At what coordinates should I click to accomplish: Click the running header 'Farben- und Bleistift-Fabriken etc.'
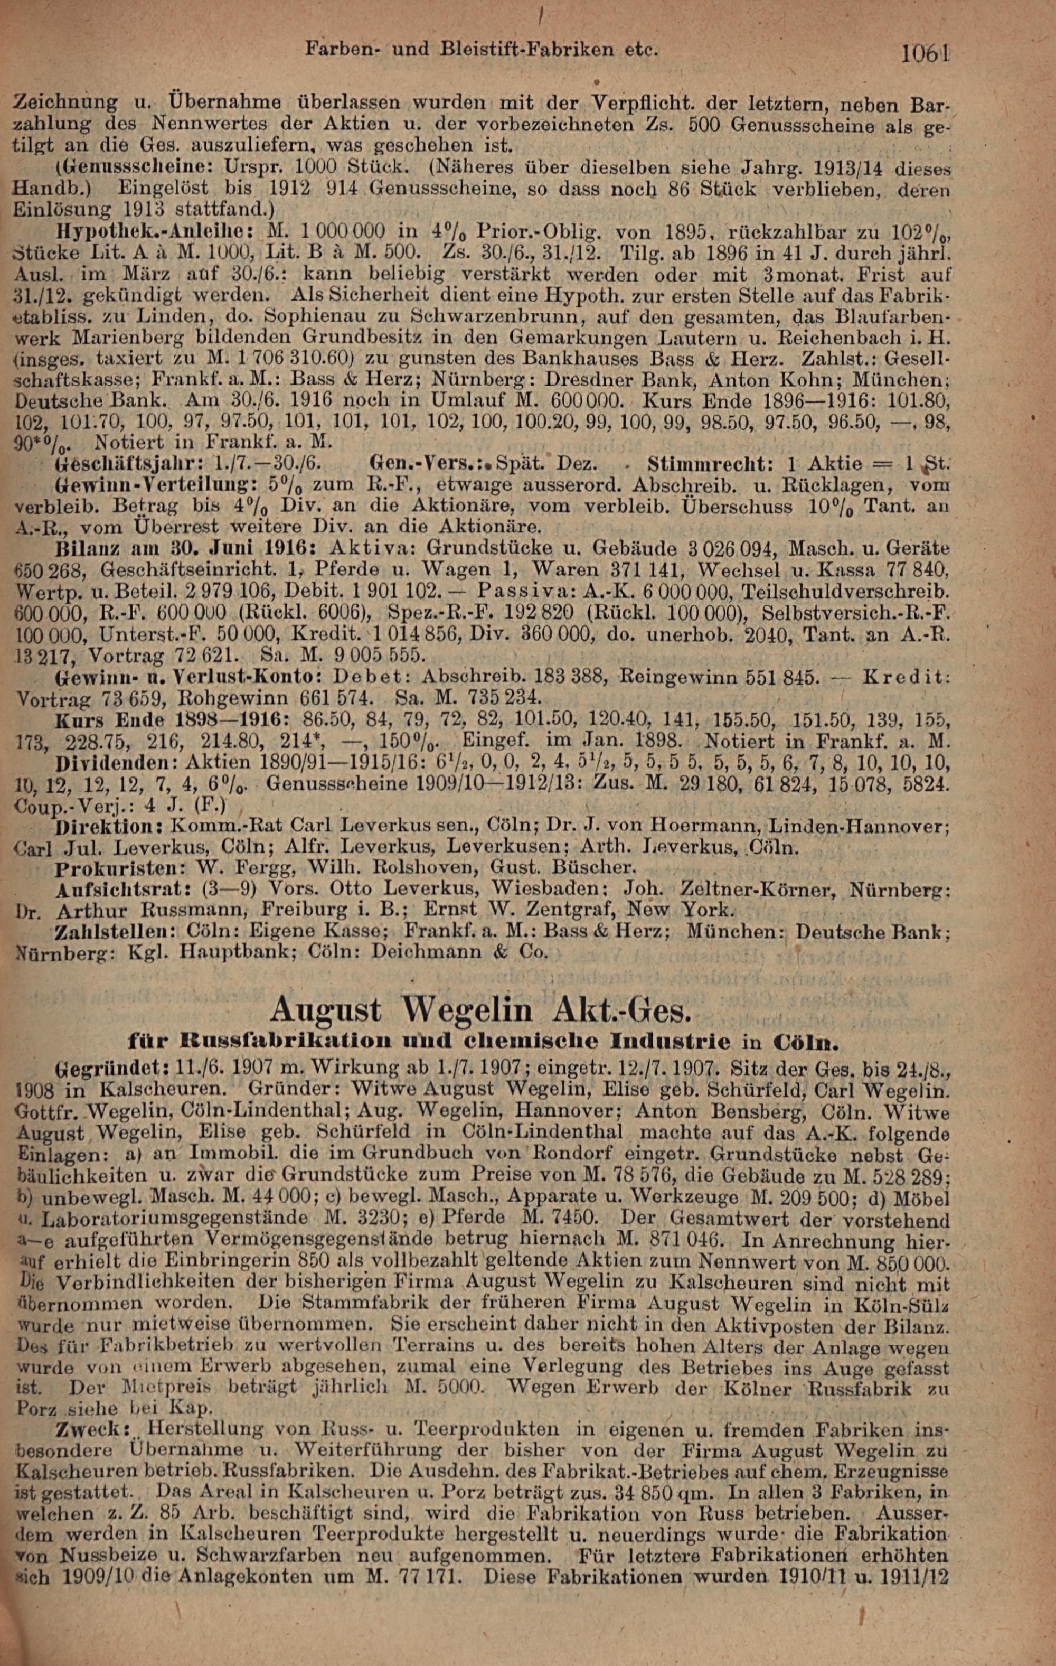[x=480, y=50]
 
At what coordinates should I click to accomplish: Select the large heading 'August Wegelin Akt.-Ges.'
[x=480, y=1009]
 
